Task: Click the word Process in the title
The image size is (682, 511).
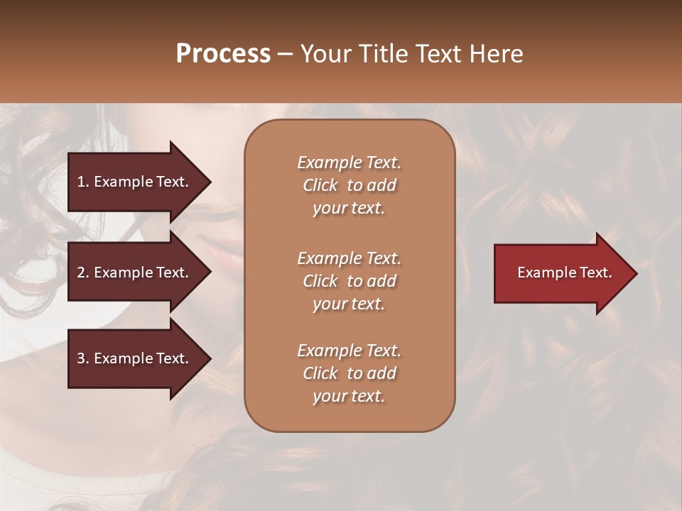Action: [x=223, y=54]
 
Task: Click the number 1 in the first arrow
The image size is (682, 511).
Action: [x=82, y=182]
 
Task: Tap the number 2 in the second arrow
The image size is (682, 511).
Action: [x=82, y=273]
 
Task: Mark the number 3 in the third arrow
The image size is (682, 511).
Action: [x=82, y=358]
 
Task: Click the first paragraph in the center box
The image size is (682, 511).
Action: [x=349, y=185]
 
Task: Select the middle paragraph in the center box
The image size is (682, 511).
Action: [x=349, y=281]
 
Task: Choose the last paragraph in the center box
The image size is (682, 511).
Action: [x=349, y=373]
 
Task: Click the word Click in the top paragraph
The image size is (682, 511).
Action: [x=320, y=185]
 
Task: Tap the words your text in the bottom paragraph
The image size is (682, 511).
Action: [x=349, y=397]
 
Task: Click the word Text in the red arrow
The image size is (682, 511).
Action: [x=597, y=273]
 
